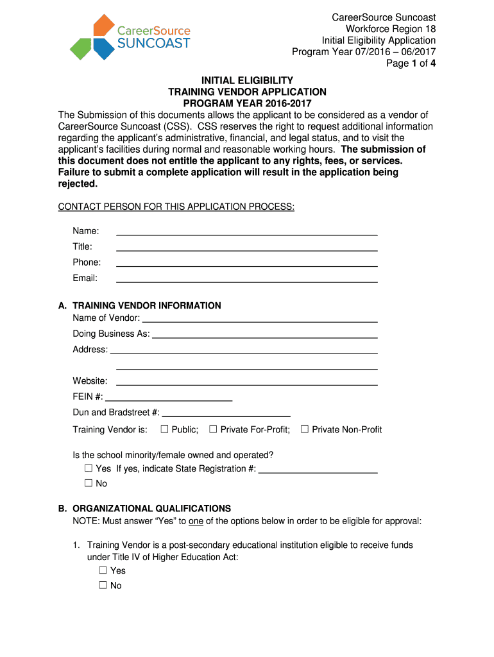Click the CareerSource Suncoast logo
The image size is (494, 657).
130,37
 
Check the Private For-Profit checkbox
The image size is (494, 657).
214,429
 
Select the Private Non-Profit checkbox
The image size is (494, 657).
305,429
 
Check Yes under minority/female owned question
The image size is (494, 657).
89,468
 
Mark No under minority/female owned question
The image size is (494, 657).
89,483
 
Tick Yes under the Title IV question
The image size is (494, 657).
103,570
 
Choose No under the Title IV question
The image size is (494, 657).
103,585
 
